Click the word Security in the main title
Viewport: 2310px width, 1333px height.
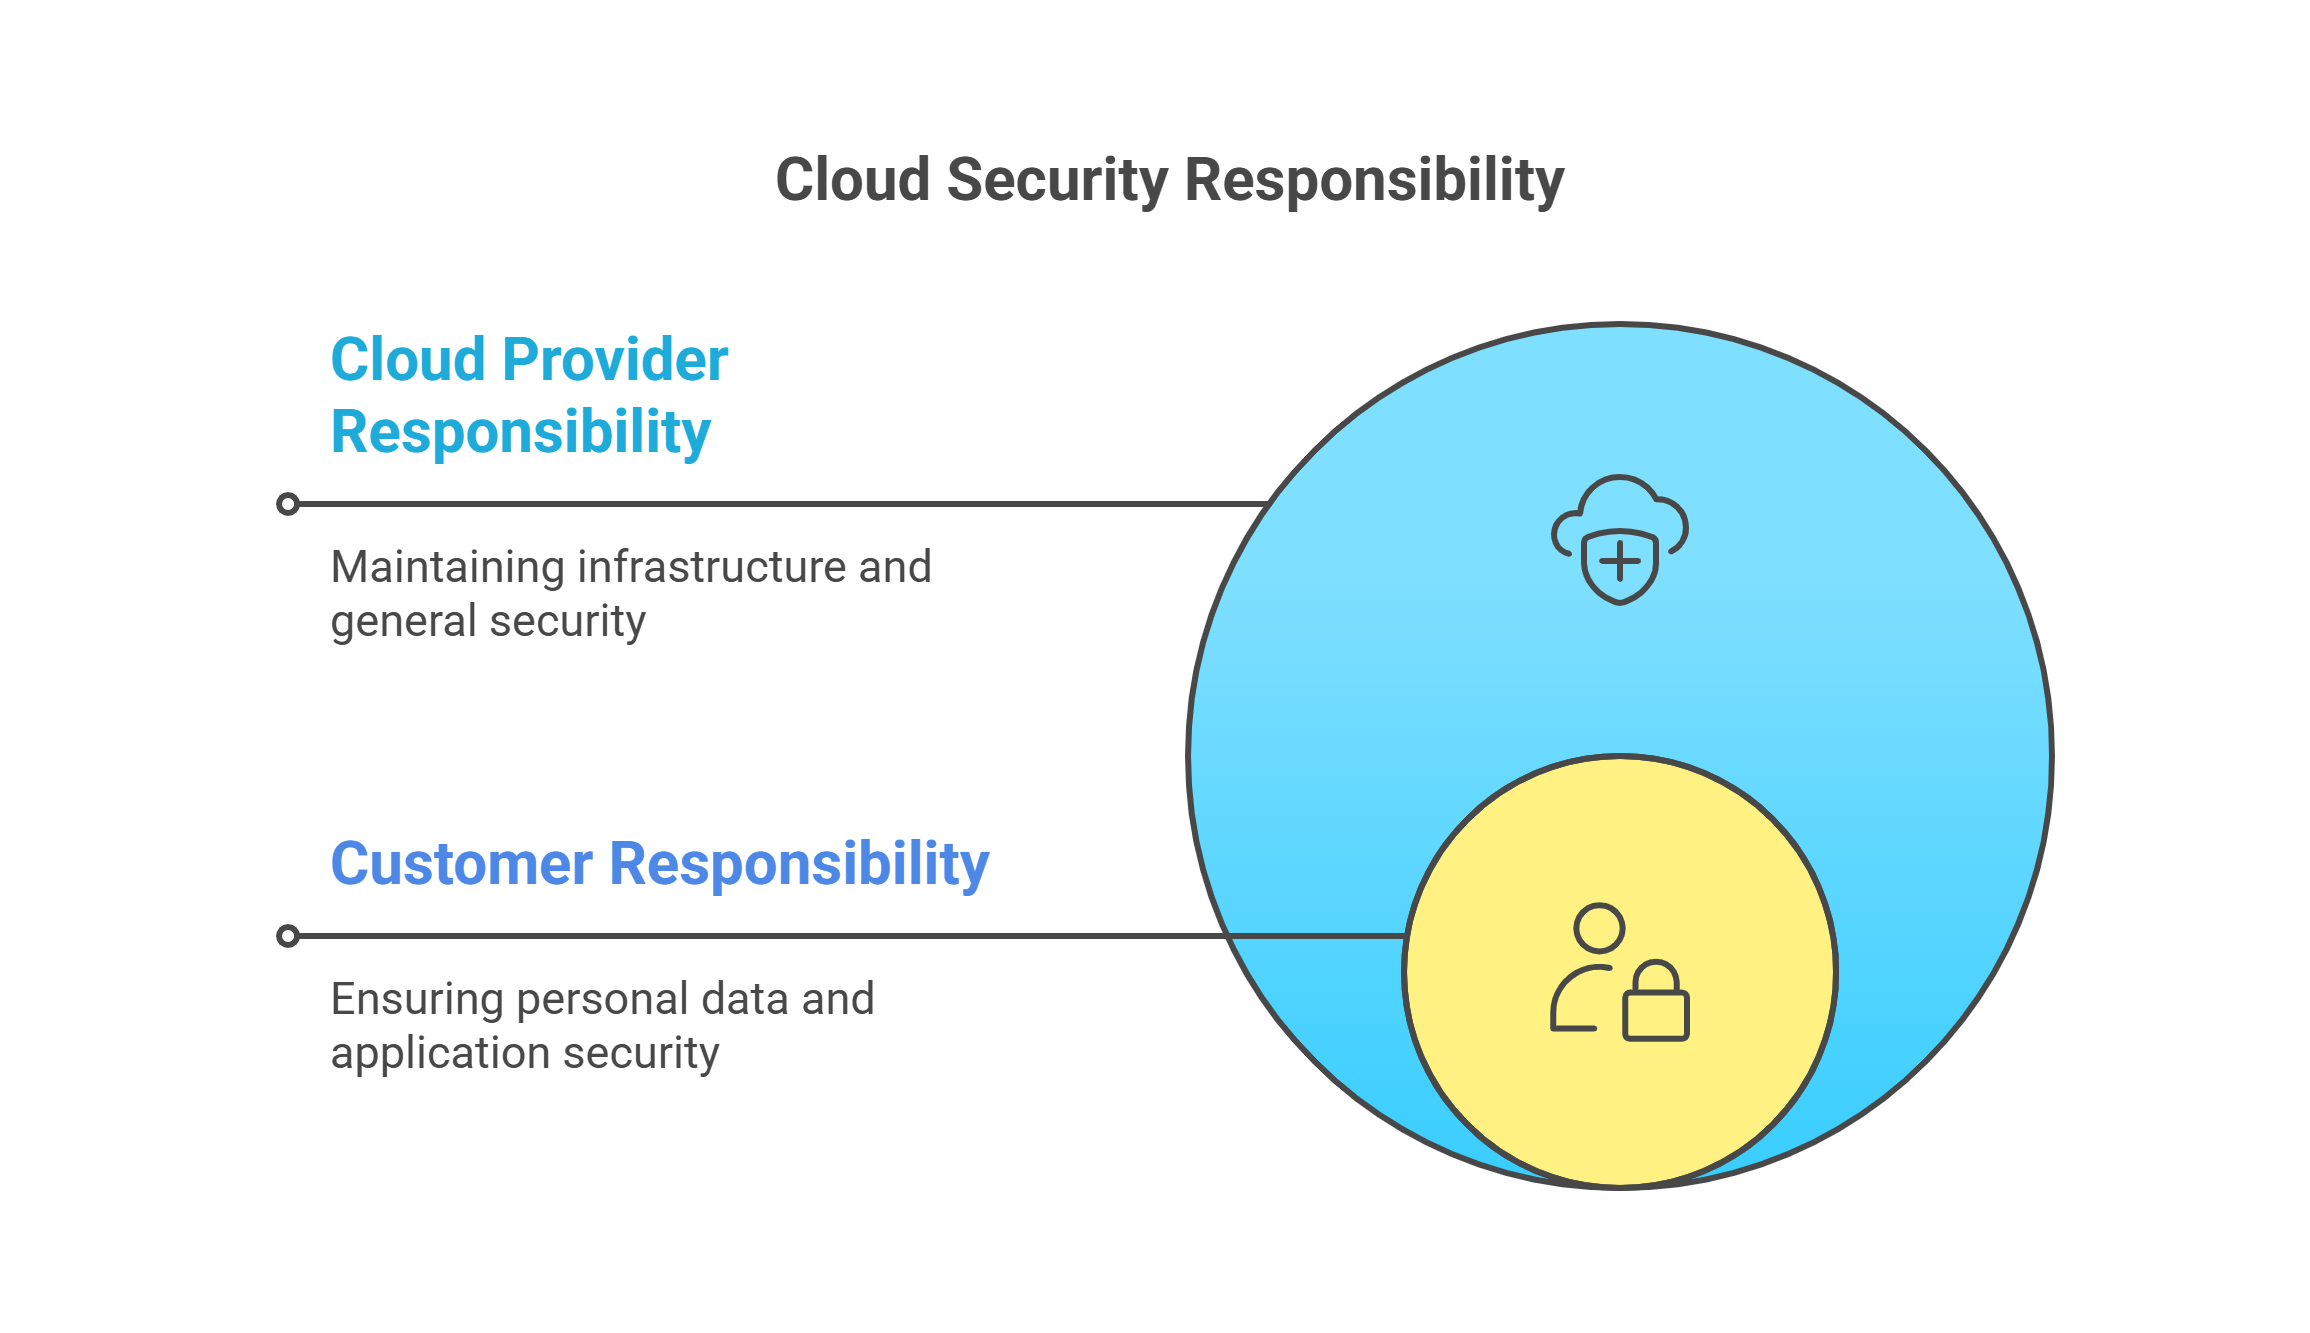coord(1057,181)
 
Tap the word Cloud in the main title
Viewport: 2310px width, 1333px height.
coord(853,181)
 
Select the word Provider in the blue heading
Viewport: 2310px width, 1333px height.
coord(616,360)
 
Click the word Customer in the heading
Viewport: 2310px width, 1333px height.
coord(462,864)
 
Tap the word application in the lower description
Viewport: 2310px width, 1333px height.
coord(432,1053)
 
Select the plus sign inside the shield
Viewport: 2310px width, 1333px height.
coord(1620,562)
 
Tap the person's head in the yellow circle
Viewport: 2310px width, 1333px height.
coord(1599,928)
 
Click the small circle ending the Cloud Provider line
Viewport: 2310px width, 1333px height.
coord(288,504)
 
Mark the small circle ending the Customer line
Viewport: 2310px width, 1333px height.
coord(288,936)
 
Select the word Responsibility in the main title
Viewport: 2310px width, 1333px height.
coord(1374,181)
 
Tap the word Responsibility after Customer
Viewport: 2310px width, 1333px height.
coord(799,864)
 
